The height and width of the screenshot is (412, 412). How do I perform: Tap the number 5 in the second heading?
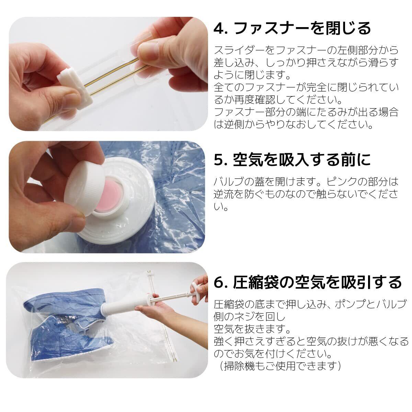219,160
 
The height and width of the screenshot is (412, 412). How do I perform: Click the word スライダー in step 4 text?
240,50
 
